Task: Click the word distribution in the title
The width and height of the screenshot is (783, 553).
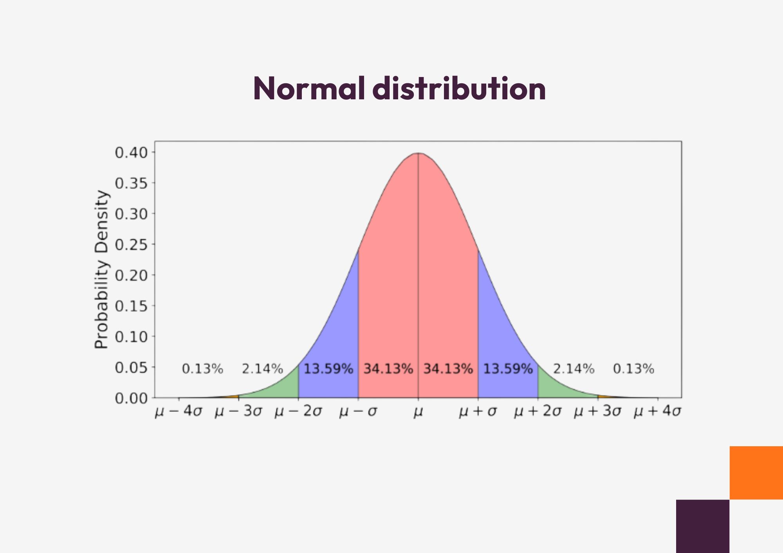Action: tap(461, 89)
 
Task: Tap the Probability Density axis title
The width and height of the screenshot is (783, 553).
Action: tap(101, 269)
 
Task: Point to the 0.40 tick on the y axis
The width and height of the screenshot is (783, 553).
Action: tap(132, 153)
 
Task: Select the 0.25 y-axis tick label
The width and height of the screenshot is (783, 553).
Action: tap(132, 245)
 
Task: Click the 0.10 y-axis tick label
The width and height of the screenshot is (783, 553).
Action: tap(132, 337)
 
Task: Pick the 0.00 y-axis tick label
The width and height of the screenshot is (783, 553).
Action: tap(132, 399)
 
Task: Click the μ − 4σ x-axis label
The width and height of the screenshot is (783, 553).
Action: tap(179, 412)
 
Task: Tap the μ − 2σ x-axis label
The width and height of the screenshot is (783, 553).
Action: tap(298, 412)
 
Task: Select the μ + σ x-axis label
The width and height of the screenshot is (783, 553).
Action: tap(478, 412)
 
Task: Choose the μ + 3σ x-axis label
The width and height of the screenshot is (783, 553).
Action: tap(597, 412)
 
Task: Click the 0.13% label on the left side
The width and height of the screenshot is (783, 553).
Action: tap(202, 369)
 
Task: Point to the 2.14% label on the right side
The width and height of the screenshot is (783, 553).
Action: tap(574, 369)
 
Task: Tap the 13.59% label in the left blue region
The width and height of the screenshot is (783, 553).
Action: tap(328, 369)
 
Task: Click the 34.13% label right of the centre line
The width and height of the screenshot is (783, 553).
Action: tap(448, 369)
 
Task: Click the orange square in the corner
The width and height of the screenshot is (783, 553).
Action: tap(756, 472)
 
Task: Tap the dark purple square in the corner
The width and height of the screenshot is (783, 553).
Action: tap(702, 526)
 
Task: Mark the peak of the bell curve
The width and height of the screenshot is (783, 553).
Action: tap(418, 153)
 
